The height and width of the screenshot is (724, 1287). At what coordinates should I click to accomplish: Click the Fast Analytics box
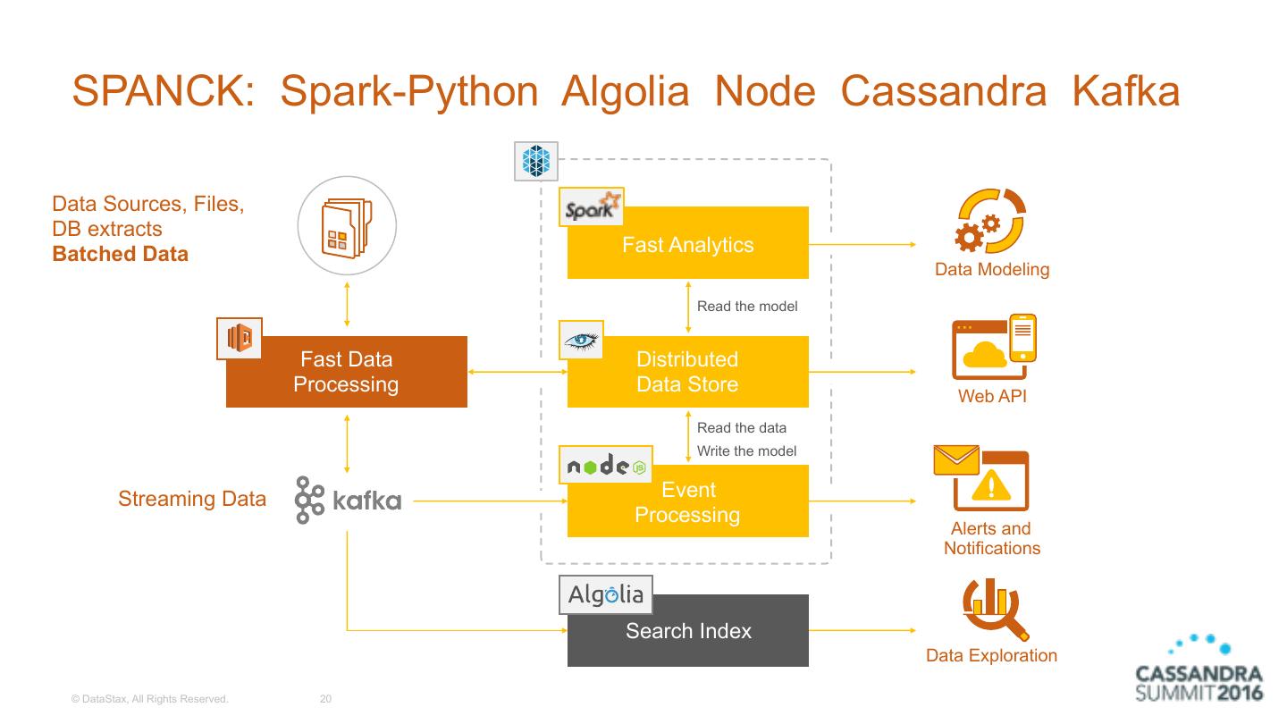click(x=687, y=244)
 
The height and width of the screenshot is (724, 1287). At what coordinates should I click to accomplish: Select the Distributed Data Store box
click(x=687, y=372)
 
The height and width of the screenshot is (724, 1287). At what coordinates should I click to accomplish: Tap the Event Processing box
click(x=687, y=502)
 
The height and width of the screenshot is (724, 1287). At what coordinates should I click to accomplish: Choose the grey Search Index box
click(x=687, y=631)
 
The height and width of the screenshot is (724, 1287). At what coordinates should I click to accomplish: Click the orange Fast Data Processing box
click(x=346, y=372)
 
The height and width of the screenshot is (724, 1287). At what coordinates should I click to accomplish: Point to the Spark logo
click(x=591, y=206)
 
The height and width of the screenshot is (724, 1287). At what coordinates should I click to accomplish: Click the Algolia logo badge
click(x=606, y=595)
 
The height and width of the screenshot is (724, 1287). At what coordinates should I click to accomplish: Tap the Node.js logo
click(x=606, y=466)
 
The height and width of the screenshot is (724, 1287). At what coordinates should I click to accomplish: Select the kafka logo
click(x=349, y=500)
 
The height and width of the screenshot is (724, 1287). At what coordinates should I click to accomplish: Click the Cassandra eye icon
click(x=582, y=339)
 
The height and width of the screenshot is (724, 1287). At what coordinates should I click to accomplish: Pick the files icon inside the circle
click(x=347, y=224)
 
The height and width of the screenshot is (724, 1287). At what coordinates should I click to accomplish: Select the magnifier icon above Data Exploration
click(x=991, y=608)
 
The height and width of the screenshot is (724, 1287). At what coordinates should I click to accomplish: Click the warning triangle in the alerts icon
click(x=992, y=486)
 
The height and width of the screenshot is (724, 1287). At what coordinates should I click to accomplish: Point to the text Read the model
click(x=747, y=306)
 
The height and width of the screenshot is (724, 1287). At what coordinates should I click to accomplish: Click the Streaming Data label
click(x=192, y=499)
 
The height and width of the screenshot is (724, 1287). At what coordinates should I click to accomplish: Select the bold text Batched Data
click(x=121, y=254)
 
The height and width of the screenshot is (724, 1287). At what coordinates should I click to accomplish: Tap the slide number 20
click(x=325, y=699)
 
